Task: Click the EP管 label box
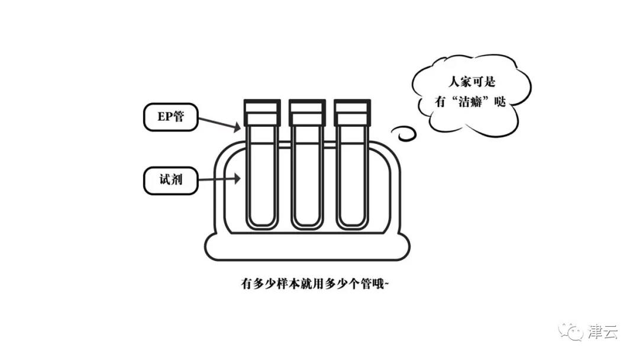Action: [x=170, y=117]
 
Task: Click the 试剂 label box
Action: [x=170, y=181]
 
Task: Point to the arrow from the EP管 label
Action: [x=219, y=123]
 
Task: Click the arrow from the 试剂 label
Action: [x=219, y=178]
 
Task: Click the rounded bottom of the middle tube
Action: [x=307, y=222]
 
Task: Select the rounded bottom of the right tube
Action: [x=352, y=222]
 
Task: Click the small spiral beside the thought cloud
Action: [x=405, y=133]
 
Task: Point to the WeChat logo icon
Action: [x=573, y=331]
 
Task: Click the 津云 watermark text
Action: [x=603, y=332]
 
